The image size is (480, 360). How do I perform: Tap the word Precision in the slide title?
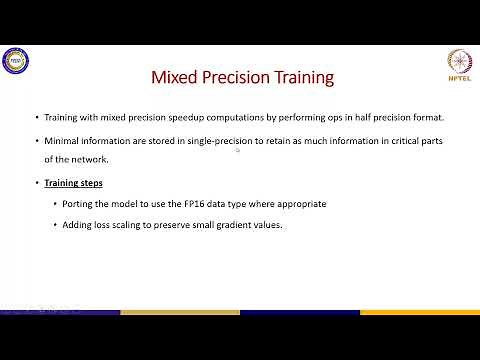point(239,77)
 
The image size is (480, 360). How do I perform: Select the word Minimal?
point(61,141)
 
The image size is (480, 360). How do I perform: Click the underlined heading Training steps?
point(76,183)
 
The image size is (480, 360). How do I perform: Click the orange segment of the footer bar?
point(180,312)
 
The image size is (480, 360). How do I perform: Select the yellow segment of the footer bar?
point(420,312)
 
